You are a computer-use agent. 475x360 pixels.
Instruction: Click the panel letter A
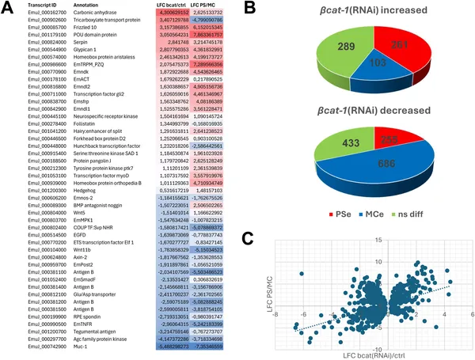(x=8, y=8)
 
